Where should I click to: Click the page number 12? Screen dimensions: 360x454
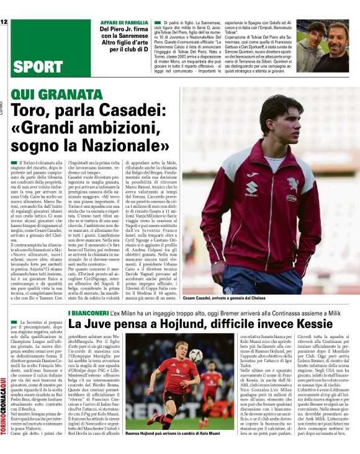[x=4, y=22]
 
